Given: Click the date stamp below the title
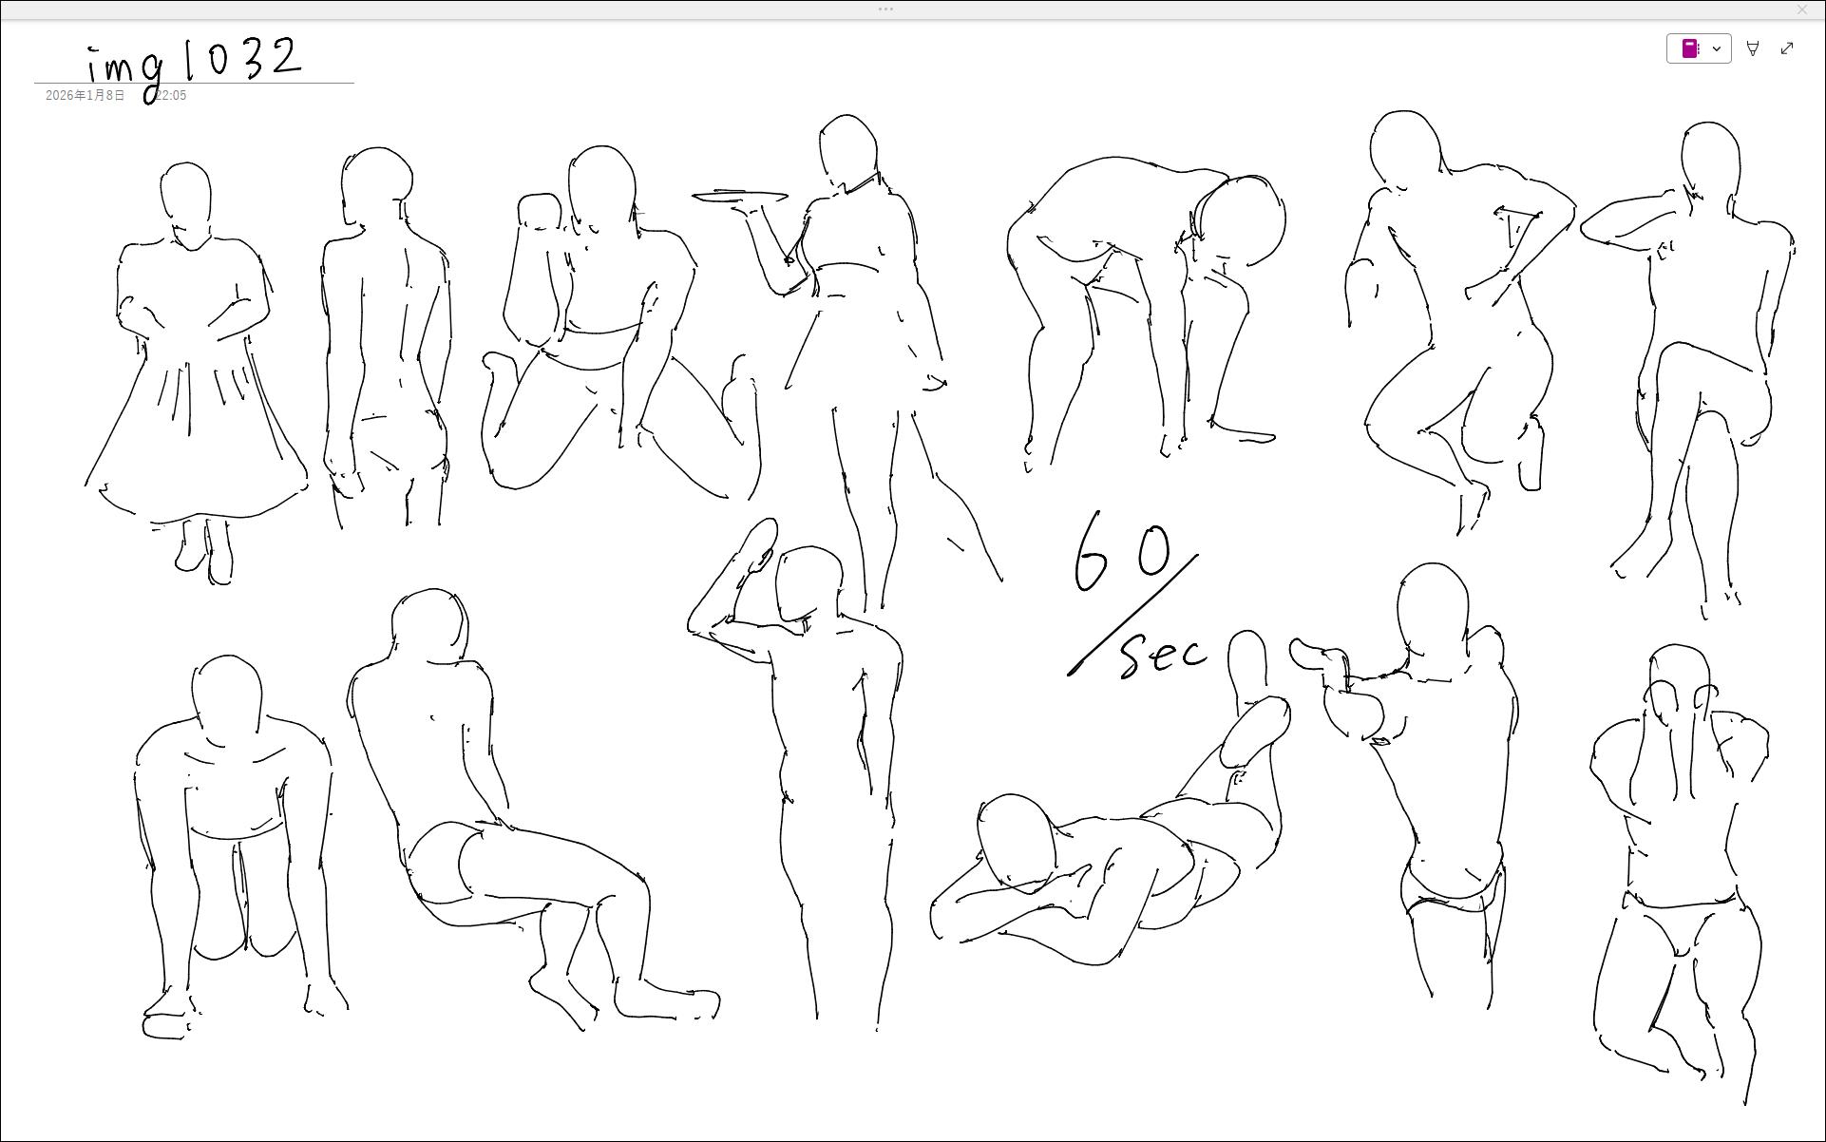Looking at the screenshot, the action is click(116, 96).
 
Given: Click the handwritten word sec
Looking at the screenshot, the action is click(1164, 655).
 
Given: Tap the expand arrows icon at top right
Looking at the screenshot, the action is click(1787, 48).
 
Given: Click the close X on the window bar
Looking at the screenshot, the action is click(1802, 10).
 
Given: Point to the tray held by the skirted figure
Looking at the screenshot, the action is click(740, 197).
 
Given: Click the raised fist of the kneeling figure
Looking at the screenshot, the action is click(540, 212).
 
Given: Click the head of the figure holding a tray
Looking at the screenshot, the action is click(847, 152).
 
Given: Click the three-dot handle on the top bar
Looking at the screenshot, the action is click(885, 10).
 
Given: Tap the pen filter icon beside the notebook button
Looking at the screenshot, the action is click(1753, 48).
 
